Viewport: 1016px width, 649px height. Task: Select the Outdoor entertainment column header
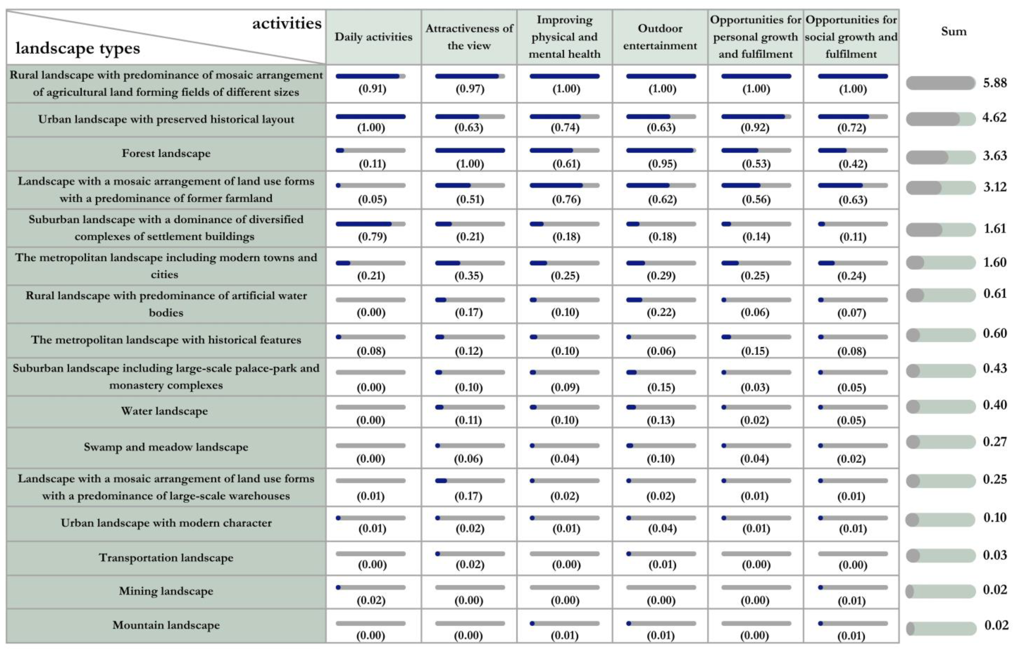coord(660,37)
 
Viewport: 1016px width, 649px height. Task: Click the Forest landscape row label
coord(166,154)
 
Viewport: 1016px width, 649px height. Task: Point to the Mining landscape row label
coord(166,591)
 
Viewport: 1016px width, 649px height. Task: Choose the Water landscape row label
coord(164,411)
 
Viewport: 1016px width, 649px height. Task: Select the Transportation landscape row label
coord(166,558)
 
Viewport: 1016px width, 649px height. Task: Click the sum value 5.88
coord(994,83)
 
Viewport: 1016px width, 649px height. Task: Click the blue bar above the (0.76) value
coord(556,185)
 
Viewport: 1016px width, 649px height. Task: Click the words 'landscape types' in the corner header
coord(78,49)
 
